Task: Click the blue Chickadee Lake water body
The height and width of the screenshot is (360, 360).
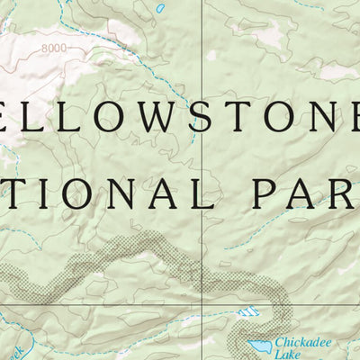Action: [x=262, y=345]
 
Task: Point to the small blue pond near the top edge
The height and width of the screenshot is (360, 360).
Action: [x=160, y=7]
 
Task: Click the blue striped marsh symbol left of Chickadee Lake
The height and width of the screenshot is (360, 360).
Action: [x=248, y=313]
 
